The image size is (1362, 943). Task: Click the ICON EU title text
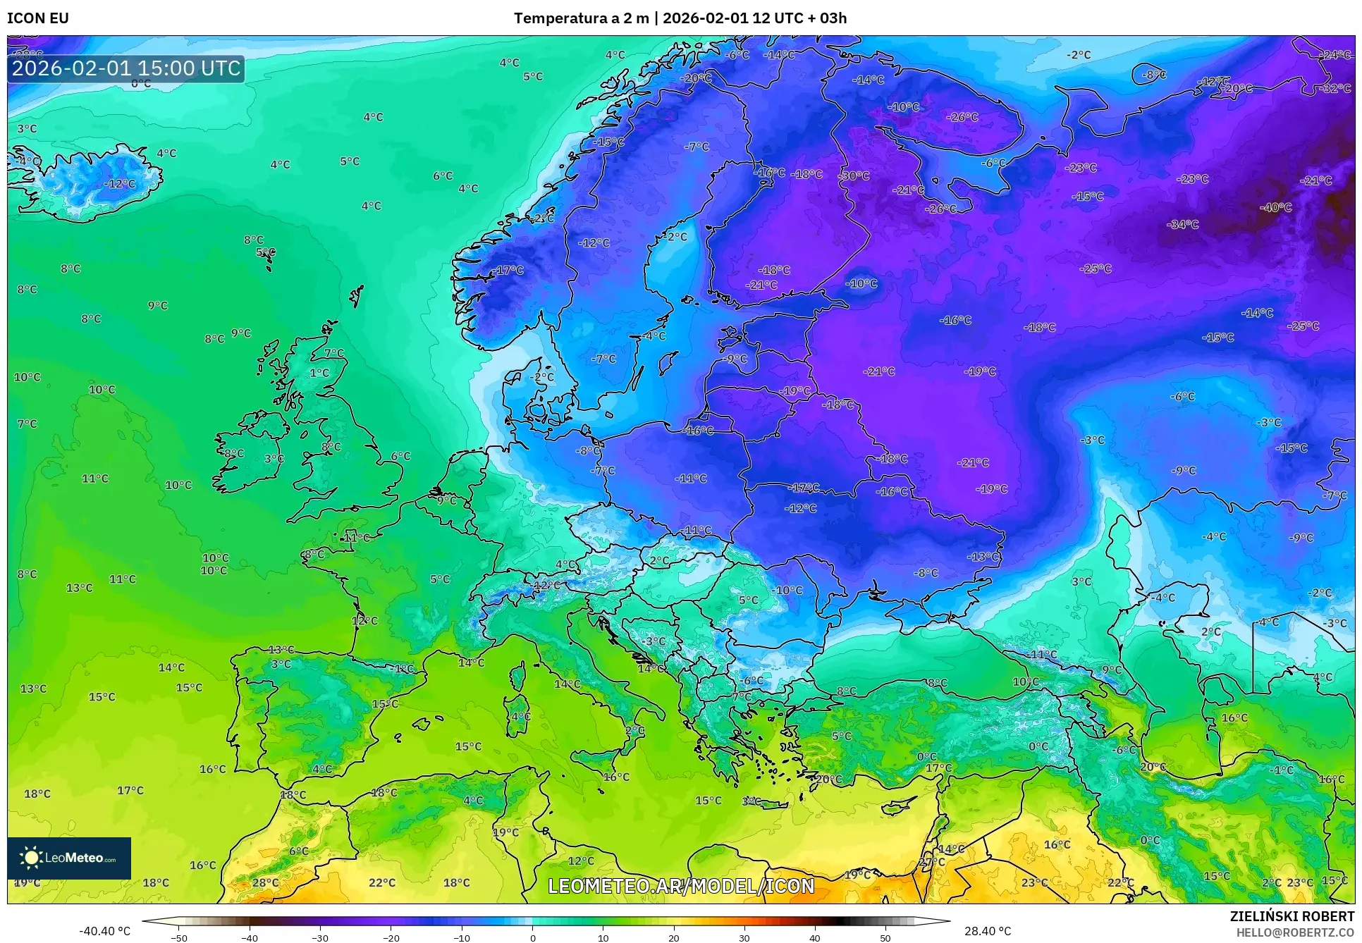coord(38,18)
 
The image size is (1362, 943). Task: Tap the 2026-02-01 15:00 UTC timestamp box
coord(126,68)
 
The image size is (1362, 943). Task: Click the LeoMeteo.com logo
coord(69,858)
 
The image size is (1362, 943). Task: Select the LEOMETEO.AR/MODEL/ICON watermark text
coord(681,886)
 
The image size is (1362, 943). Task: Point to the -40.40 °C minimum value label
coord(104,931)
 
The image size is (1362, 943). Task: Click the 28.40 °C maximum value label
coord(988,931)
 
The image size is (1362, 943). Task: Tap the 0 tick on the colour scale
coord(532,937)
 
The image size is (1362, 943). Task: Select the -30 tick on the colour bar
coord(320,937)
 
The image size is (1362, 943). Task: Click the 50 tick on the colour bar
coord(885,937)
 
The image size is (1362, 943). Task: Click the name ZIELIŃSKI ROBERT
coord(1292,916)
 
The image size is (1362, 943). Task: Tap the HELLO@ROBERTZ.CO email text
coord(1295,932)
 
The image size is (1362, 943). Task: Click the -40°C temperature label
coord(1276,207)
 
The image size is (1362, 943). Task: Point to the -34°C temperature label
coord(1183,224)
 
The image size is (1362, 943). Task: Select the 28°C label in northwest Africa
coord(266,882)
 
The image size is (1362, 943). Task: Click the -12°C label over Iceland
coord(120,183)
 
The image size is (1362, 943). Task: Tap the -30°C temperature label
coord(854,175)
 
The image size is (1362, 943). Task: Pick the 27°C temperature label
coord(931,862)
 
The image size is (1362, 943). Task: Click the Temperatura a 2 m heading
coord(581,18)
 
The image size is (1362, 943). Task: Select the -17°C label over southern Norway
coord(509,270)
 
